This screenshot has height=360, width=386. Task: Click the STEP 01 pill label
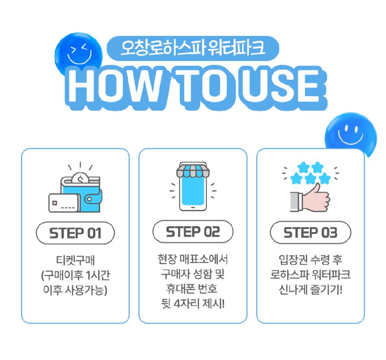75,233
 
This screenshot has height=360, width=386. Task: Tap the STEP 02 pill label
193,231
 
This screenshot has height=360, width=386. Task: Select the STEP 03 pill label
310,232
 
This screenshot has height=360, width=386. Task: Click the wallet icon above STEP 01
75,191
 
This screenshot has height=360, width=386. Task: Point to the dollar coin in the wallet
80,178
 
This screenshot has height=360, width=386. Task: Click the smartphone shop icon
193,186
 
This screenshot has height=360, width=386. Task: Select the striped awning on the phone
193,170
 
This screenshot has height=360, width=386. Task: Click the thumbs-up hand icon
310,199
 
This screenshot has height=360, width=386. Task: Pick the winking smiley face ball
78,55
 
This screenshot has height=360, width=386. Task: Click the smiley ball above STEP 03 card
351,134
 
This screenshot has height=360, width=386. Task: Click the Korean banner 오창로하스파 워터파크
193,48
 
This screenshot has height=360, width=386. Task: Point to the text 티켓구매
75,260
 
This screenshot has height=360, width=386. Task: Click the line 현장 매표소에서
193,259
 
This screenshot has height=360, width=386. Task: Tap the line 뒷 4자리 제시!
193,303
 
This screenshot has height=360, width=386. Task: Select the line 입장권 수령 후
310,260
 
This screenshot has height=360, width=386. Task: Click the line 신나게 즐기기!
310,289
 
